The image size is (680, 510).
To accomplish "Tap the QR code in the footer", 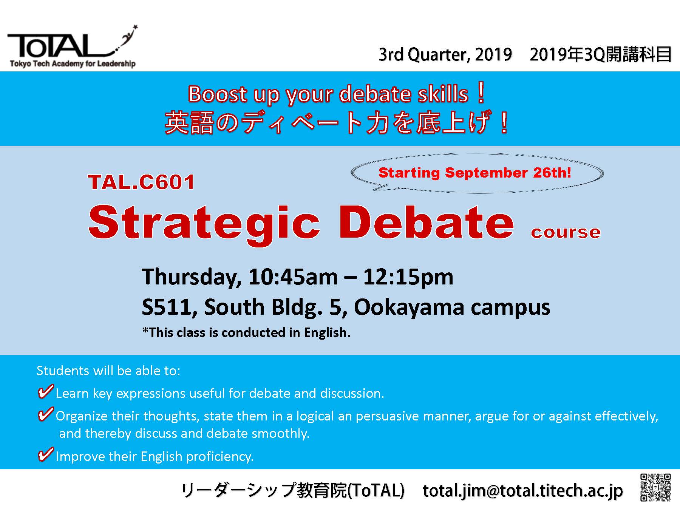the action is coord(655,487).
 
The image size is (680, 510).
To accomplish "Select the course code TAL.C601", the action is coord(141,182).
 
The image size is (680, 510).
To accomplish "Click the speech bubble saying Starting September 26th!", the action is coord(477,173).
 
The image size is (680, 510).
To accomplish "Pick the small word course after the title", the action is coord(566,232).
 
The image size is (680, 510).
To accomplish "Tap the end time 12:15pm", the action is coord(408,277).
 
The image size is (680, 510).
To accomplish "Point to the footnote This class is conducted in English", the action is coord(246,332).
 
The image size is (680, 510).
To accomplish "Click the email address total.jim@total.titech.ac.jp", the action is coord(523,491).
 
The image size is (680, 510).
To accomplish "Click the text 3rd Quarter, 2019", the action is coord(445,55).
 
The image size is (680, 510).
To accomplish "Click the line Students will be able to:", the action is coord(108,371).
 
